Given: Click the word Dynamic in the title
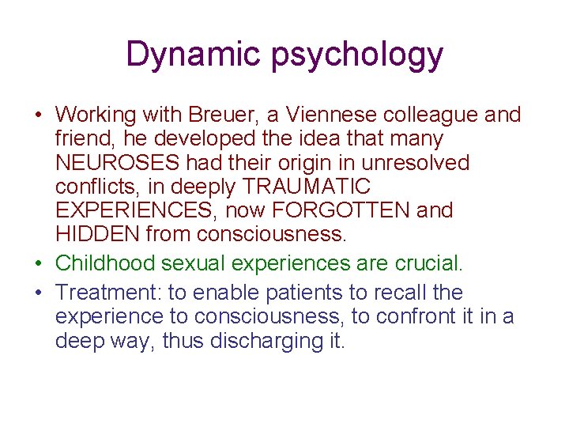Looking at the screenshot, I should (x=194, y=55).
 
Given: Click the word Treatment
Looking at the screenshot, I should (x=108, y=293).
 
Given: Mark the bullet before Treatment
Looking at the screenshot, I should (x=38, y=293).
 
